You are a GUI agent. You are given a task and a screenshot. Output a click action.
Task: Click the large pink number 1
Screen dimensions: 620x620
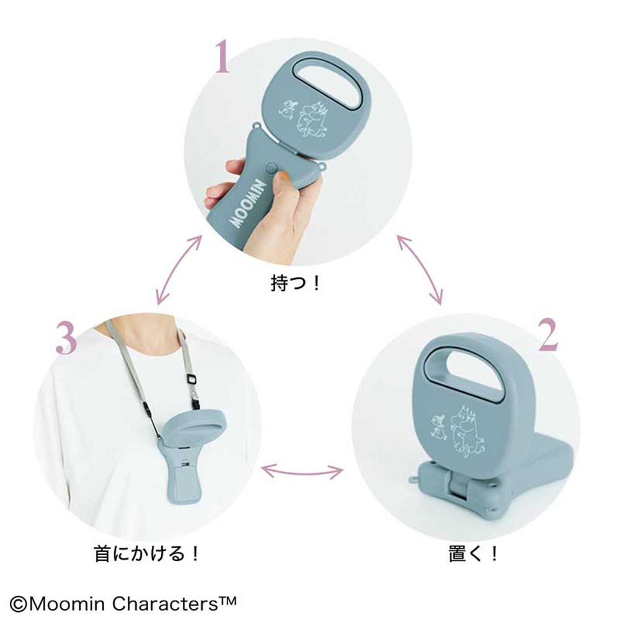[x=222, y=56]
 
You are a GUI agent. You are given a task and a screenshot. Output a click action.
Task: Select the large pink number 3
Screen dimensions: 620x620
[x=66, y=337]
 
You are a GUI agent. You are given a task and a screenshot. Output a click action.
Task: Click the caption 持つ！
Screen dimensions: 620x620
[x=295, y=283]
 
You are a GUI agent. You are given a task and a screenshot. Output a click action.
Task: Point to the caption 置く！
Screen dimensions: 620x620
[x=473, y=554]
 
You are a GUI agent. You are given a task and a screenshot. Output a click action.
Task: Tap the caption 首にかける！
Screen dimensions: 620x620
[x=147, y=553]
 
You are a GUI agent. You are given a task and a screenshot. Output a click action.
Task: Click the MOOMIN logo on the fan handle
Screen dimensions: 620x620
[x=249, y=204]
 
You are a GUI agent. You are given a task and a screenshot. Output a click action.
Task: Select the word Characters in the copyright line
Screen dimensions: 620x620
[x=166, y=604]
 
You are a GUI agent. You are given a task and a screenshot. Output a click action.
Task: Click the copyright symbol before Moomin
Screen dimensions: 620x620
[x=18, y=604]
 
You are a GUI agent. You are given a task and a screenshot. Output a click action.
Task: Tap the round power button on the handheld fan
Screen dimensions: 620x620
[x=272, y=167]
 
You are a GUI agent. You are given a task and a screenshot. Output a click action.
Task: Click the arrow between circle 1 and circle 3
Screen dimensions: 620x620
[x=179, y=270]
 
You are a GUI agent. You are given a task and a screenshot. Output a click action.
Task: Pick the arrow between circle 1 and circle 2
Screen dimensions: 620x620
[x=420, y=270]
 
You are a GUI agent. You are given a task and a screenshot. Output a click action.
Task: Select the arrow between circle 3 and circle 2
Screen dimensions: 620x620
[x=302, y=471]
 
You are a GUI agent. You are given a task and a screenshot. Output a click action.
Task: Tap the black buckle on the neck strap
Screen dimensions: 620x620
[x=192, y=378]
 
